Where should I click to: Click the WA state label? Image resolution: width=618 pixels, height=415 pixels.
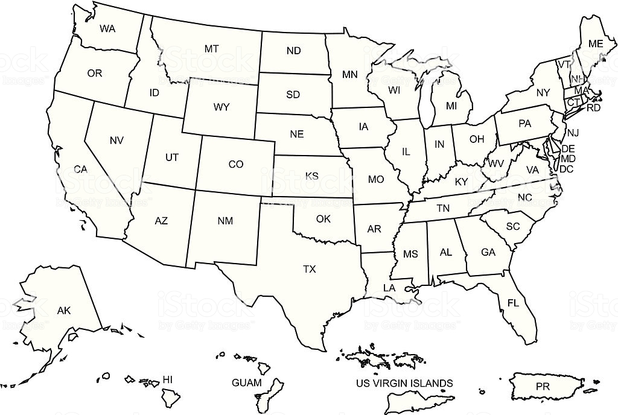click(x=107, y=28)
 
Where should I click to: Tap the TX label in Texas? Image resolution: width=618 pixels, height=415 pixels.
click(x=309, y=270)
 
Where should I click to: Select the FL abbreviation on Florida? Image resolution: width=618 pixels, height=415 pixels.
click(x=513, y=303)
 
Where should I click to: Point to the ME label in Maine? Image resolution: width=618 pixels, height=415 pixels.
click(x=596, y=43)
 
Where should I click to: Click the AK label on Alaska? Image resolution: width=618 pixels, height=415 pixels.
click(x=64, y=311)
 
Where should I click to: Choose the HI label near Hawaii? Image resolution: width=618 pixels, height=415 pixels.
click(x=168, y=379)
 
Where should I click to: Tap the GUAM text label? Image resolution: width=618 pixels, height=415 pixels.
click(x=247, y=382)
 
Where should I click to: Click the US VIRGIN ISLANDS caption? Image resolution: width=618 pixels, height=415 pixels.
click(x=404, y=383)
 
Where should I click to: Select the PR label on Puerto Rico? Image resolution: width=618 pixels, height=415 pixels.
click(x=543, y=385)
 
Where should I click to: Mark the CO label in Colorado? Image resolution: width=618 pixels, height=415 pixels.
click(x=235, y=164)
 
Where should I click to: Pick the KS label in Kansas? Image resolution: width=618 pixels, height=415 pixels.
click(x=311, y=176)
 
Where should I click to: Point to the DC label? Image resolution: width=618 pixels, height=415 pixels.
click(x=566, y=169)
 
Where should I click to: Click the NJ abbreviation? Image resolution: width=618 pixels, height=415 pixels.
click(x=573, y=133)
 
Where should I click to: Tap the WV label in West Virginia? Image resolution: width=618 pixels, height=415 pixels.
click(x=496, y=163)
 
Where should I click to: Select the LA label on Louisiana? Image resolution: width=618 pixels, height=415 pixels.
click(x=389, y=288)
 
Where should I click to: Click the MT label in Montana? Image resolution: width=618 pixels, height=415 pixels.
click(x=211, y=49)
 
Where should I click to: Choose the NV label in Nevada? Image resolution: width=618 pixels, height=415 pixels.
click(x=116, y=140)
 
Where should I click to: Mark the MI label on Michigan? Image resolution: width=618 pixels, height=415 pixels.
click(x=451, y=106)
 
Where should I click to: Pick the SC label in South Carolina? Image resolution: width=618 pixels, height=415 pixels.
click(x=513, y=226)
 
